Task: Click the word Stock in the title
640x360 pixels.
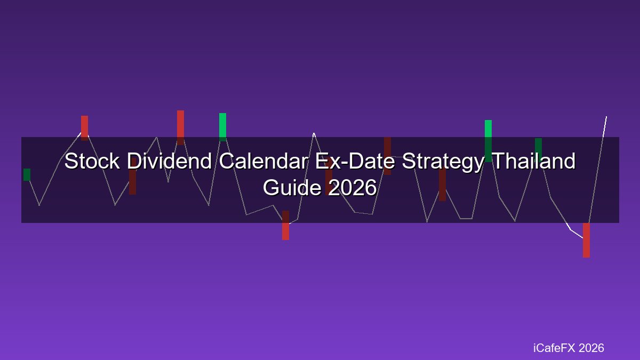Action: point(92,161)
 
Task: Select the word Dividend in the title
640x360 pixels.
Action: point(169,161)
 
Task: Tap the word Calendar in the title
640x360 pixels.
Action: point(263,161)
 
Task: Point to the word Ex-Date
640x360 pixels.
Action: point(355,161)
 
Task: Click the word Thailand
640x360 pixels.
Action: point(534,161)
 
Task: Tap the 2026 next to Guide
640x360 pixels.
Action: point(353,187)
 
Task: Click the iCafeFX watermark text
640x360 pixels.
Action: point(554,348)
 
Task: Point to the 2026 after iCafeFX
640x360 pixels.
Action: point(591,348)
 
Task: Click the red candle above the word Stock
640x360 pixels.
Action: point(85,128)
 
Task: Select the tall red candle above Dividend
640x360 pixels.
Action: point(181,127)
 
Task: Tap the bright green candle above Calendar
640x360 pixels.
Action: point(222,127)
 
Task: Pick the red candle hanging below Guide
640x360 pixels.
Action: point(285,226)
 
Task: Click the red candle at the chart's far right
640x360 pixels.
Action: point(586,240)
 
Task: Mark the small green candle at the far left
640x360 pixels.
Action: point(27,174)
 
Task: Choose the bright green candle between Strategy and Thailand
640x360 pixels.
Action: point(489,141)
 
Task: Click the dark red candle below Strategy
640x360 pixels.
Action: point(442,185)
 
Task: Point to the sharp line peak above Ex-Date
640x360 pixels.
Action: point(314,133)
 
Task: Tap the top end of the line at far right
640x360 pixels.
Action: point(606,117)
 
